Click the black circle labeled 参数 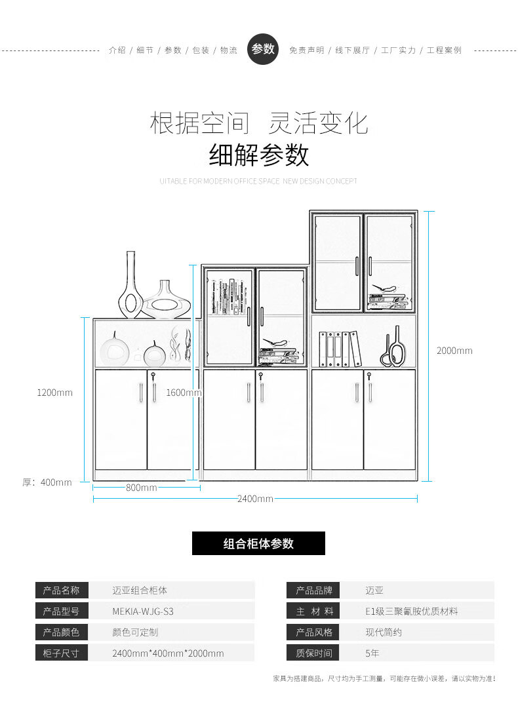tap(263, 49)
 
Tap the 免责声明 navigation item tap(306, 50)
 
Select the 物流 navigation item tap(229, 50)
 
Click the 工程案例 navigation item tap(444, 50)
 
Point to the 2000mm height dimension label tap(454, 351)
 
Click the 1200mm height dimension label tap(55, 393)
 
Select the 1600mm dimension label tap(183, 393)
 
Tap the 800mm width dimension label tap(142, 488)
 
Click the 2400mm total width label tap(255, 499)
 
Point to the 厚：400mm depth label tap(47, 482)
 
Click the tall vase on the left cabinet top tap(130, 285)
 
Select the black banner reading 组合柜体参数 tap(258, 543)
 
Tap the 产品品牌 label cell tap(314, 590)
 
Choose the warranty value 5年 tap(372, 653)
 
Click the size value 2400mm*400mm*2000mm tap(168, 653)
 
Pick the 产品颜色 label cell tap(61, 632)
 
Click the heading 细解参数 tap(259, 155)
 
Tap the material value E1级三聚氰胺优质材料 tap(412, 611)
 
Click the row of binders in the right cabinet tap(339, 349)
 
